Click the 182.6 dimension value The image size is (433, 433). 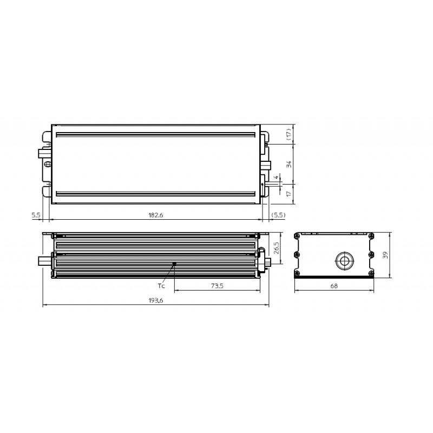tap(156, 215)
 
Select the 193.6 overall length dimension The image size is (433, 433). tap(156, 300)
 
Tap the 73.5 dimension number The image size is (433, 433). tap(217, 286)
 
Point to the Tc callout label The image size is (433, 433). tap(161, 286)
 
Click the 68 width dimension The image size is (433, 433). tap(334, 286)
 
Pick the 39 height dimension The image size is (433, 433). tap(385, 255)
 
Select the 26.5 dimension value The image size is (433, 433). tap(277, 248)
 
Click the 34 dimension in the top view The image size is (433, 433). tap(289, 165)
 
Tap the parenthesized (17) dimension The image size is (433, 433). tap(289, 134)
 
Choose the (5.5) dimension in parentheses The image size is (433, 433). tap(278, 215)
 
